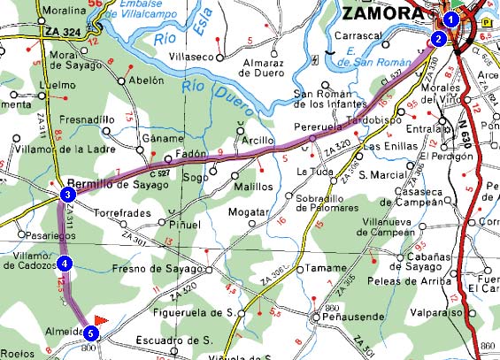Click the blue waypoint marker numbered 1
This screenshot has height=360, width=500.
click(451, 19)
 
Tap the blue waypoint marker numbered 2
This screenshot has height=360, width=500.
click(438, 38)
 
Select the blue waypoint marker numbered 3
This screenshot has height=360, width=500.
click(67, 194)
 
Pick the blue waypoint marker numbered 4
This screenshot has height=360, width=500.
click(65, 262)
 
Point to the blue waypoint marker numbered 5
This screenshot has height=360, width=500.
click(91, 333)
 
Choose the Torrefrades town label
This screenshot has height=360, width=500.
click(125, 213)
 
